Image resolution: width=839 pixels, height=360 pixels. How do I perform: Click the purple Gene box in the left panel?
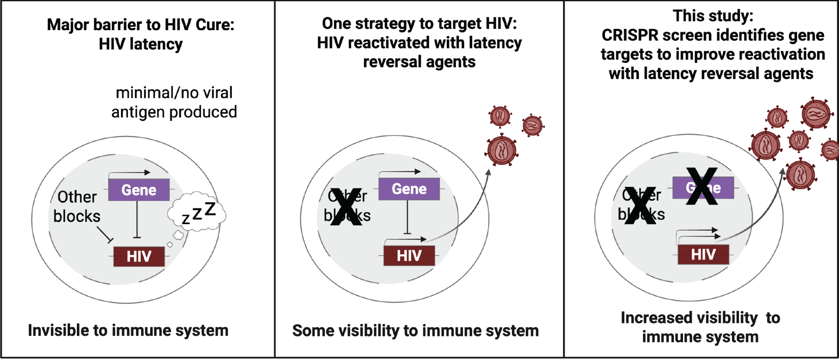pyautogui.click(x=138, y=190)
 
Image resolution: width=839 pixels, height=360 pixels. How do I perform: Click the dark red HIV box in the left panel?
pyautogui.click(x=139, y=256)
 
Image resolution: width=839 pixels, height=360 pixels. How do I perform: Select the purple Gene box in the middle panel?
pyautogui.click(x=409, y=189)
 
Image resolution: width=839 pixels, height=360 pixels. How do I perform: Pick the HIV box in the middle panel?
pyautogui.click(x=409, y=255)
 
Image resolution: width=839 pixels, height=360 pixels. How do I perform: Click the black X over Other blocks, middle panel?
pyautogui.click(x=346, y=207)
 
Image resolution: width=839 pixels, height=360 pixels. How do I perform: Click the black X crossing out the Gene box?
pyautogui.click(x=702, y=187)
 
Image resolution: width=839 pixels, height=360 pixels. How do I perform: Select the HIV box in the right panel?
pyautogui.click(x=703, y=254)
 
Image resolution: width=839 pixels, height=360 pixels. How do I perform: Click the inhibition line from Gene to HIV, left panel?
pyautogui.click(x=137, y=218)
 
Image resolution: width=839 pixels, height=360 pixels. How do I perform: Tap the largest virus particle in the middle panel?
pyautogui.click(x=502, y=150)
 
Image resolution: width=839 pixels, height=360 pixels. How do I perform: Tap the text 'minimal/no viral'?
pyautogui.click(x=174, y=93)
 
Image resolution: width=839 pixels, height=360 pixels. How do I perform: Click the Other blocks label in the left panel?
pyautogui.click(x=77, y=206)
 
